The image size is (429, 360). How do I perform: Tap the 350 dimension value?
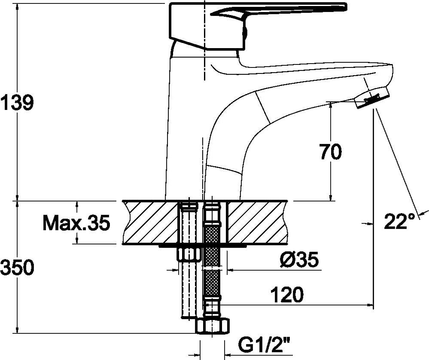(17, 268)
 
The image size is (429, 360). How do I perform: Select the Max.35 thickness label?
(76, 223)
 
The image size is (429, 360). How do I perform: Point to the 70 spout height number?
(331, 152)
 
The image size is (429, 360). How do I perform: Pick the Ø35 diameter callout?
(300, 259)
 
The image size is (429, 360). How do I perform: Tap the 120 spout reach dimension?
(287, 295)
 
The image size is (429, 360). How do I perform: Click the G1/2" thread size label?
(264, 346)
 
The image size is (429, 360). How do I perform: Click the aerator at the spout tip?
(372, 98)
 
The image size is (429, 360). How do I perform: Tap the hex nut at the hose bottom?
(213, 326)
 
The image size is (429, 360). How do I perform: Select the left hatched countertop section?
(150, 222)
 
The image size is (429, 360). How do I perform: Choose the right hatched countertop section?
(257, 222)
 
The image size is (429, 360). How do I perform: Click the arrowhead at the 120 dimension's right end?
(371, 305)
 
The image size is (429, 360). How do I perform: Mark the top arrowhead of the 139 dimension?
(18, 7)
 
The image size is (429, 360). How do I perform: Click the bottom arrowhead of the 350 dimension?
(18, 329)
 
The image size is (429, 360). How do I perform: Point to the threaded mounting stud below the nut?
(189, 290)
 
